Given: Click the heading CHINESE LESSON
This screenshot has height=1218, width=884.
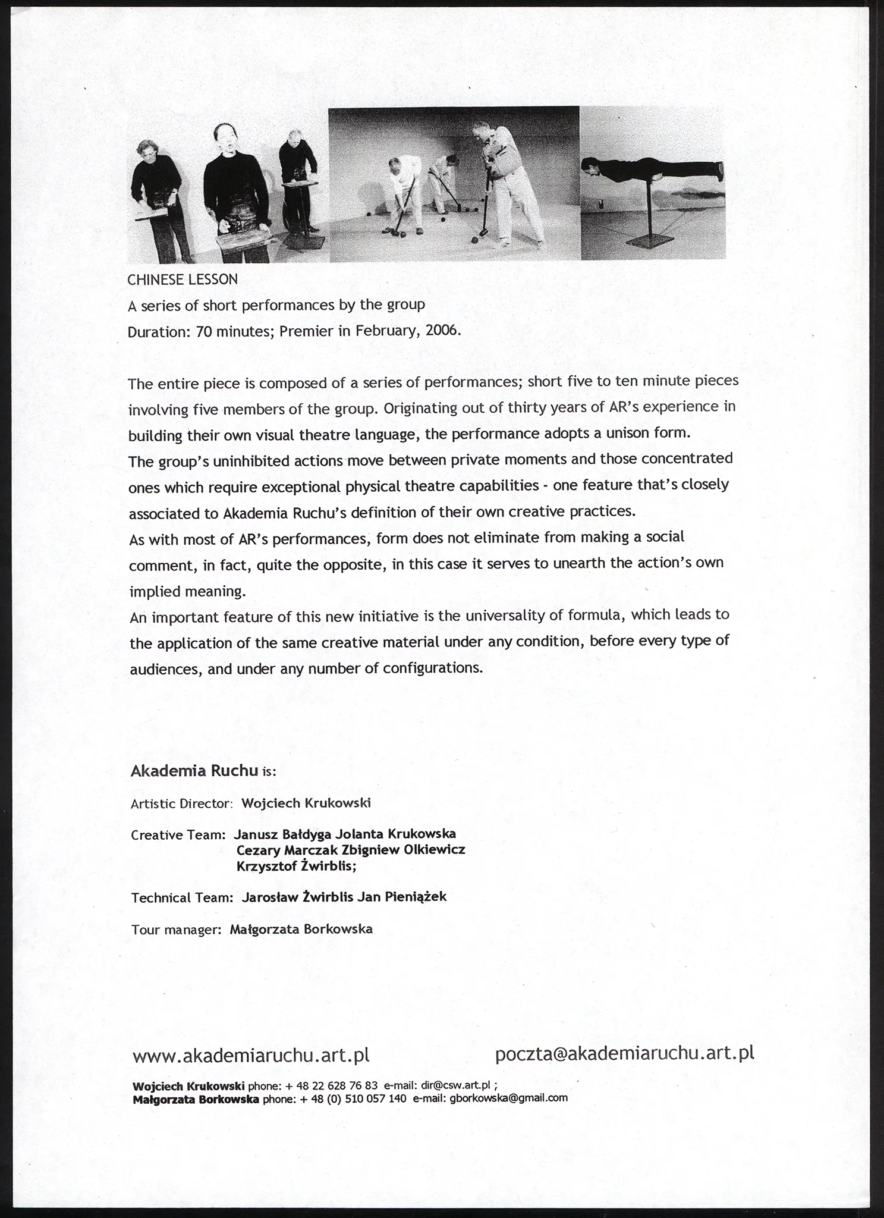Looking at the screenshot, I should point(183,279).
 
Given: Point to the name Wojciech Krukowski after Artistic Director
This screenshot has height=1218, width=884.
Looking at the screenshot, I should point(306,803).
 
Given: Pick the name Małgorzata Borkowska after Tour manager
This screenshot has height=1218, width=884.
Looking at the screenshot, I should point(301,929).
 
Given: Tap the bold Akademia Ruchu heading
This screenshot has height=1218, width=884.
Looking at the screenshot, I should point(194,771).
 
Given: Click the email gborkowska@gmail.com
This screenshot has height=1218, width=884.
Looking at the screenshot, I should point(508,1098).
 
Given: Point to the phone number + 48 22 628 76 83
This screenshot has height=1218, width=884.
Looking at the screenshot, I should point(332,1084).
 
